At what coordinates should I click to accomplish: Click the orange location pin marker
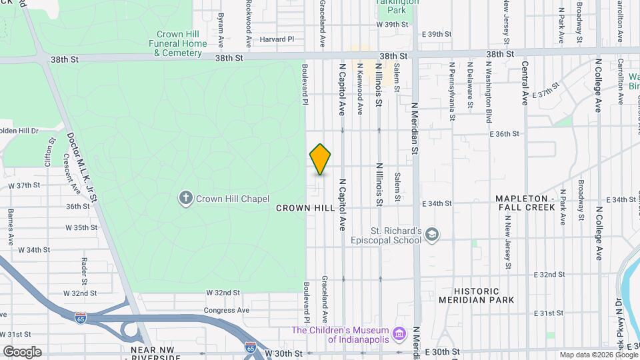[321, 159]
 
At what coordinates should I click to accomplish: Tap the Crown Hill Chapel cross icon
[186, 198]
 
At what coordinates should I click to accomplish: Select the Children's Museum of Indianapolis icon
[399, 332]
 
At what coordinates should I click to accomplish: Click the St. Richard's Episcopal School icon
[432, 233]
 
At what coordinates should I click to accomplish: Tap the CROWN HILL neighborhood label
[305, 208]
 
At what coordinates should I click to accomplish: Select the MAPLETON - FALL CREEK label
[525, 203]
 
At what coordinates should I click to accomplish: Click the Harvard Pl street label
[277, 39]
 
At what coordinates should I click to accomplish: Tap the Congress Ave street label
[226, 310]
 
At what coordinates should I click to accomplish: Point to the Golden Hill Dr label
[19, 131]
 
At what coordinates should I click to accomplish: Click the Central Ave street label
[525, 83]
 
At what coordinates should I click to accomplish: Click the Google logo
[22, 352]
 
